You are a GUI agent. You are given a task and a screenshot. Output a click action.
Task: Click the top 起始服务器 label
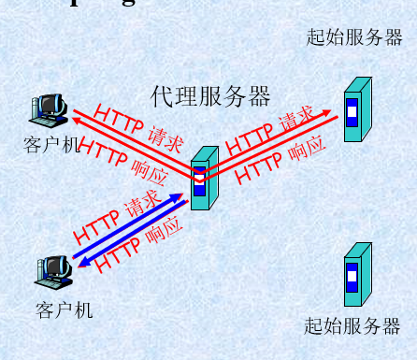tap(354, 37)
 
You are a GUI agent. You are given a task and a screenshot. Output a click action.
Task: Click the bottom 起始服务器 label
tap(352, 326)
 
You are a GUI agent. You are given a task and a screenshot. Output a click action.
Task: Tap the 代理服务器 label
tap(210, 95)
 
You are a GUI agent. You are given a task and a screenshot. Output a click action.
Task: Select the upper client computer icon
tap(46, 110)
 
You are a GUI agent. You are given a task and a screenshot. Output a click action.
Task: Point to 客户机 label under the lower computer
tap(65, 310)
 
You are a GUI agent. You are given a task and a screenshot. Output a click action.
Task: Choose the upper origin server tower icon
tap(352, 110)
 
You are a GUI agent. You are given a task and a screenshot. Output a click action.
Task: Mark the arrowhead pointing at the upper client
tap(70, 116)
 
